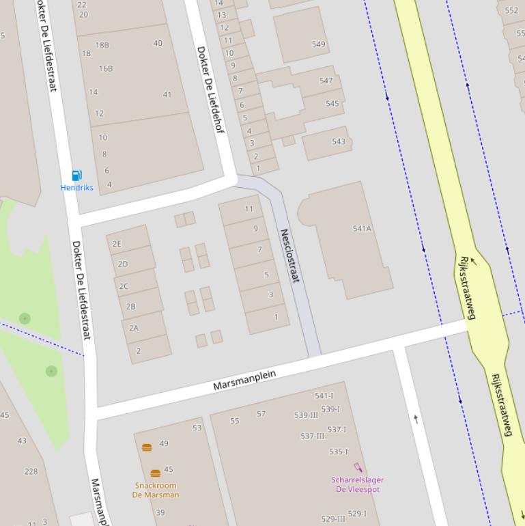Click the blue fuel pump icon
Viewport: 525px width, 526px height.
pyautogui.click(x=76, y=176)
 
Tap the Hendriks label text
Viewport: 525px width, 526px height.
pyautogui.click(x=76, y=188)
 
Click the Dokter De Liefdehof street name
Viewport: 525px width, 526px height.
pyautogui.click(x=210, y=89)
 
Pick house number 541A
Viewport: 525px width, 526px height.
pyautogui.click(x=362, y=229)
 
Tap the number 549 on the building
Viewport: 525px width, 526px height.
pyautogui.click(x=318, y=44)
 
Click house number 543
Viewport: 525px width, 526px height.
pyautogui.click(x=339, y=141)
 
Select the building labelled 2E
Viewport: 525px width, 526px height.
pyautogui.click(x=117, y=244)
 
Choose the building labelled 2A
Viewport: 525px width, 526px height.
pyautogui.click(x=134, y=328)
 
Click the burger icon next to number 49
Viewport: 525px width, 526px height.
pyautogui.click(x=147, y=447)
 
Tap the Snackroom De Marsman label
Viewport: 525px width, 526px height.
pyautogui.click(x=156, y=490)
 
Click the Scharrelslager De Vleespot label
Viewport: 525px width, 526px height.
pyautogui.click(x=358, y=484)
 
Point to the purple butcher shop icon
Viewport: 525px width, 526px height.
pyautogui.click(x=358, y=468)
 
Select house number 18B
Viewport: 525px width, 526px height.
pyautogui.click(x=102, y=45)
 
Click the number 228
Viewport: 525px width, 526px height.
pyautogui.click(x=31, y=471)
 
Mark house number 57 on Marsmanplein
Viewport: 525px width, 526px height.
pyautogui.click(x=261, y=414)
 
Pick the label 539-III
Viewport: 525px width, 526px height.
pyautogui.click(x=306, y=415)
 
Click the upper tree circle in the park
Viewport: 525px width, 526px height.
pyautogui.click(x=25, y=318)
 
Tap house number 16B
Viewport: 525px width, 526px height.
pyautogui.click(x=106, y=68)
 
